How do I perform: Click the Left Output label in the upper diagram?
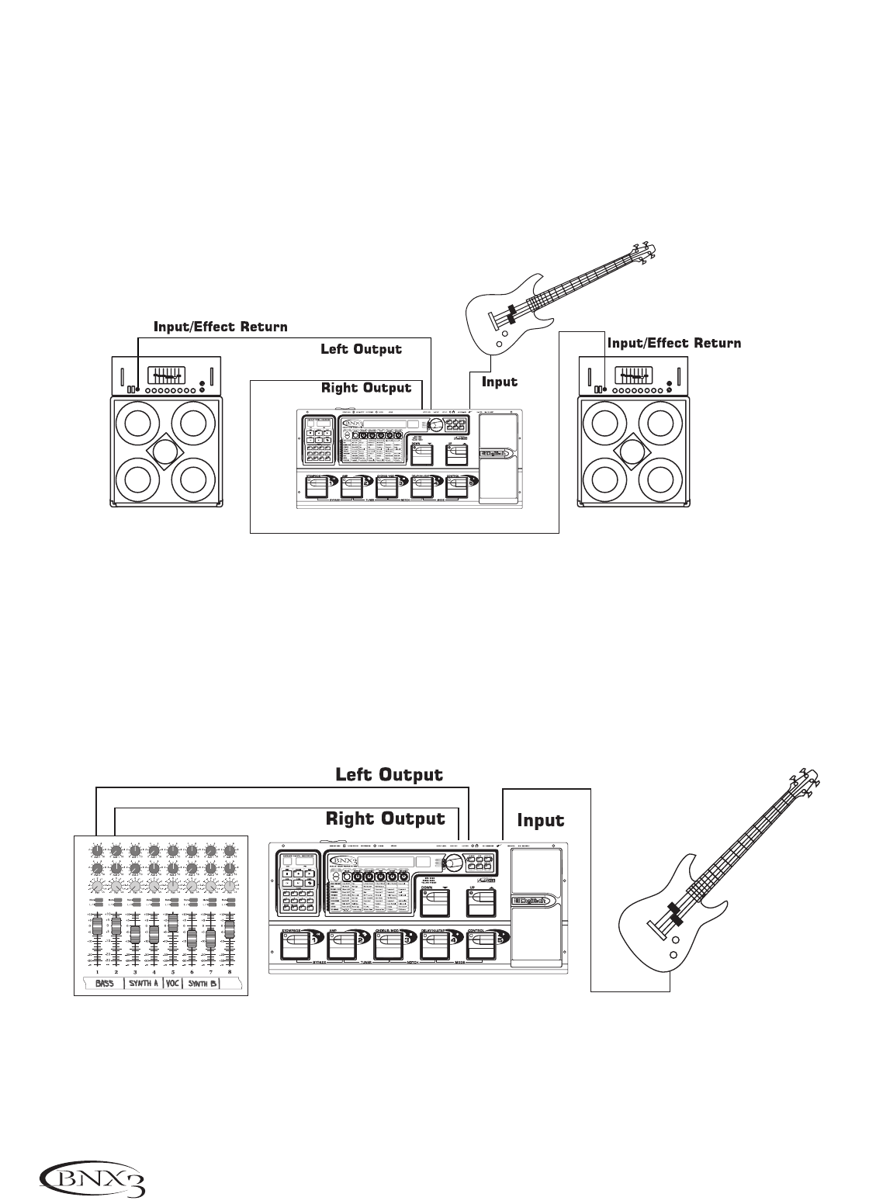(361, 349)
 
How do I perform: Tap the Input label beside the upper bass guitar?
(499, 382)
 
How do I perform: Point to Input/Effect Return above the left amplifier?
(220, 327)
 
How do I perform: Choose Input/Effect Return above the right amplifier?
(673, 342)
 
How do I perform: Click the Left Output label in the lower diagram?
(389, 775)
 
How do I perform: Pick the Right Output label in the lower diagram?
(386, 818)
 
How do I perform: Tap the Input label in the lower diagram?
(540, 821)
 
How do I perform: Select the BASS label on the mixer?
(104, 984)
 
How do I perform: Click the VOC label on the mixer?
(172, 984)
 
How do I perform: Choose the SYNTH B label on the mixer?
(203, 984)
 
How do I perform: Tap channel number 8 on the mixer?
(230, 970)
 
